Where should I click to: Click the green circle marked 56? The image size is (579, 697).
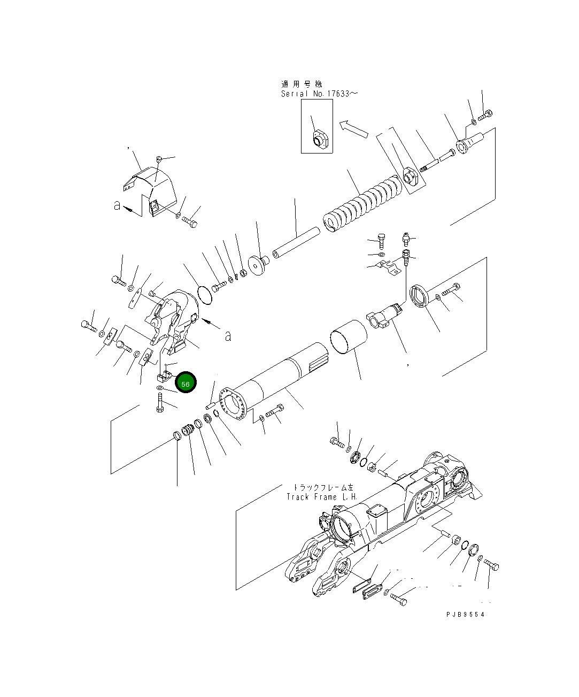(x=186, y=383)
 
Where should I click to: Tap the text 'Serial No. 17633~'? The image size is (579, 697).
(x=320, y=94)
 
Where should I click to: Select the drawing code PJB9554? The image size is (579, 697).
(x=465, y=615)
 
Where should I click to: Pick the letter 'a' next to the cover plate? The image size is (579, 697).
(x=117, y=205)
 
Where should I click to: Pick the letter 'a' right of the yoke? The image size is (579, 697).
(x=228, y=336)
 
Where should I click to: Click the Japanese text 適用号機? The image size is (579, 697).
(x=302, y=84)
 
